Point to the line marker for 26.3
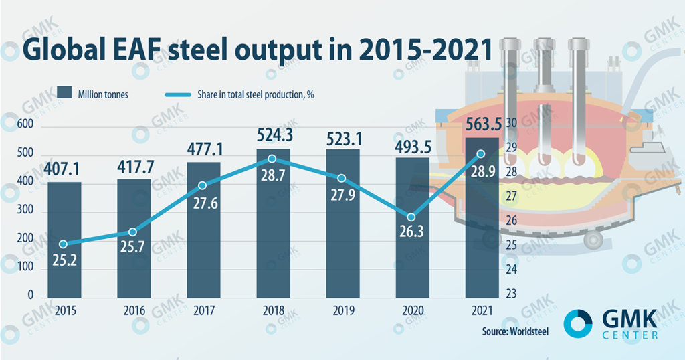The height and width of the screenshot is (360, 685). (411, 217)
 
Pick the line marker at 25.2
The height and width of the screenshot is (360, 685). (64, 244)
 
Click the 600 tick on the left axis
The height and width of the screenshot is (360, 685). (25, 126)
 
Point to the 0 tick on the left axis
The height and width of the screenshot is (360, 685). (30, 295)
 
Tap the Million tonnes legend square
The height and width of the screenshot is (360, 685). (64, 94)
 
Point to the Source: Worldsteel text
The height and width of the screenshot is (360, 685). (515, 331)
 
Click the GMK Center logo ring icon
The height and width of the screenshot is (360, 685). (577, 323)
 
